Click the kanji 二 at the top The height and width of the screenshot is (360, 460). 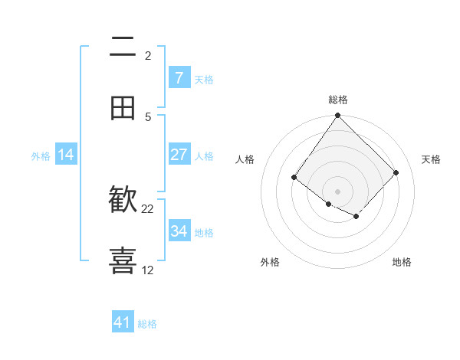123,49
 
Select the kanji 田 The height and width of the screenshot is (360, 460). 123,109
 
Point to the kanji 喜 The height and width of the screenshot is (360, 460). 123,260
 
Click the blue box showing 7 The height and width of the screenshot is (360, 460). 179,77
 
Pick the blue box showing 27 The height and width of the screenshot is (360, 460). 179,155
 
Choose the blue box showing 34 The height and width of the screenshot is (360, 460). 179,231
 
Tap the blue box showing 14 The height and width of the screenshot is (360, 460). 66,155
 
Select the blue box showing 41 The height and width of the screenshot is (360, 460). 123,322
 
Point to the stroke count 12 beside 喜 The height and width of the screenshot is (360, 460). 148,270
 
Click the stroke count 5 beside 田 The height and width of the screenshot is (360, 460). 148,117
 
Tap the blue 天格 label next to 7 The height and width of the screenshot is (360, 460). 204,79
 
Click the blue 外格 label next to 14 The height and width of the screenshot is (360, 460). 41,155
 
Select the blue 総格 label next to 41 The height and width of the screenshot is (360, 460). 147,324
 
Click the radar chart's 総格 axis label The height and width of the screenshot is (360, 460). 337,100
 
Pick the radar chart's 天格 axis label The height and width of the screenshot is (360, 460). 431,159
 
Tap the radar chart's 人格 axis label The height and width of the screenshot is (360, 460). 245,159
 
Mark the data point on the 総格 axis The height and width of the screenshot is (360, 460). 337,116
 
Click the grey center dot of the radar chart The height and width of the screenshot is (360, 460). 337,191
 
